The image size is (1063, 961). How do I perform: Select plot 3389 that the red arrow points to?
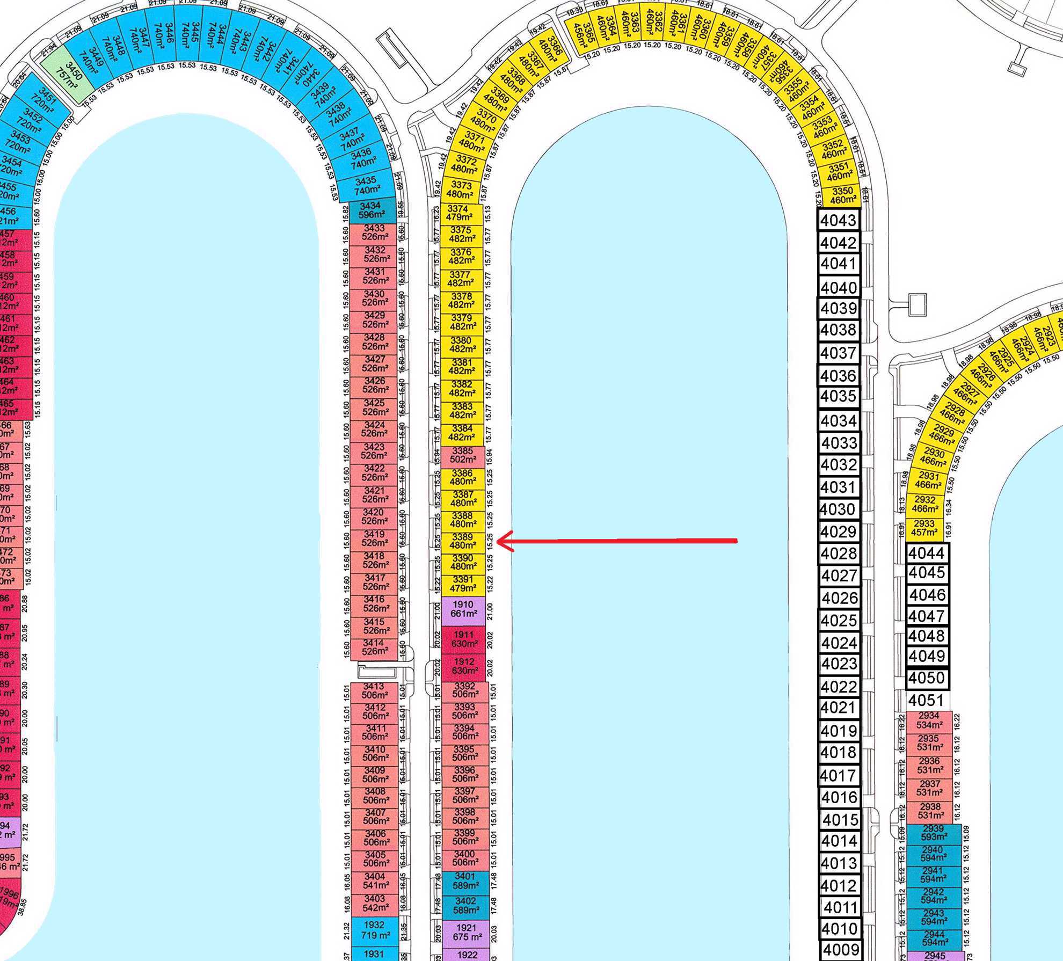(462, 541)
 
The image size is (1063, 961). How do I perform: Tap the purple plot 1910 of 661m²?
(463, 609)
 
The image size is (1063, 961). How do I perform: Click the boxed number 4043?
(839, 221)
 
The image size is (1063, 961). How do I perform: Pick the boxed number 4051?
(927, 701)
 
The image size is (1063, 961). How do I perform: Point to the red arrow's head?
(499, 541)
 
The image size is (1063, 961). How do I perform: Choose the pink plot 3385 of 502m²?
(463, 455)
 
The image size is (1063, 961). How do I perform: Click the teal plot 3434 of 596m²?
(373, 210)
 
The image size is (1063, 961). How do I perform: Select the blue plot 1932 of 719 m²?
(374, 930)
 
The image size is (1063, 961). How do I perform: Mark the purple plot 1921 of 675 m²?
(465, 932)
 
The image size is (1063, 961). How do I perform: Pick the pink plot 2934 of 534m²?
(929, 720)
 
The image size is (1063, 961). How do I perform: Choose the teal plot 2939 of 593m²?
(933, 833)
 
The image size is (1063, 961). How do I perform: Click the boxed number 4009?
(841, 950)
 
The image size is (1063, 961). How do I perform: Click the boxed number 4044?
(927, 552)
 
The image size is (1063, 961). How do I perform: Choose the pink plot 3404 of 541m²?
(374, 881)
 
